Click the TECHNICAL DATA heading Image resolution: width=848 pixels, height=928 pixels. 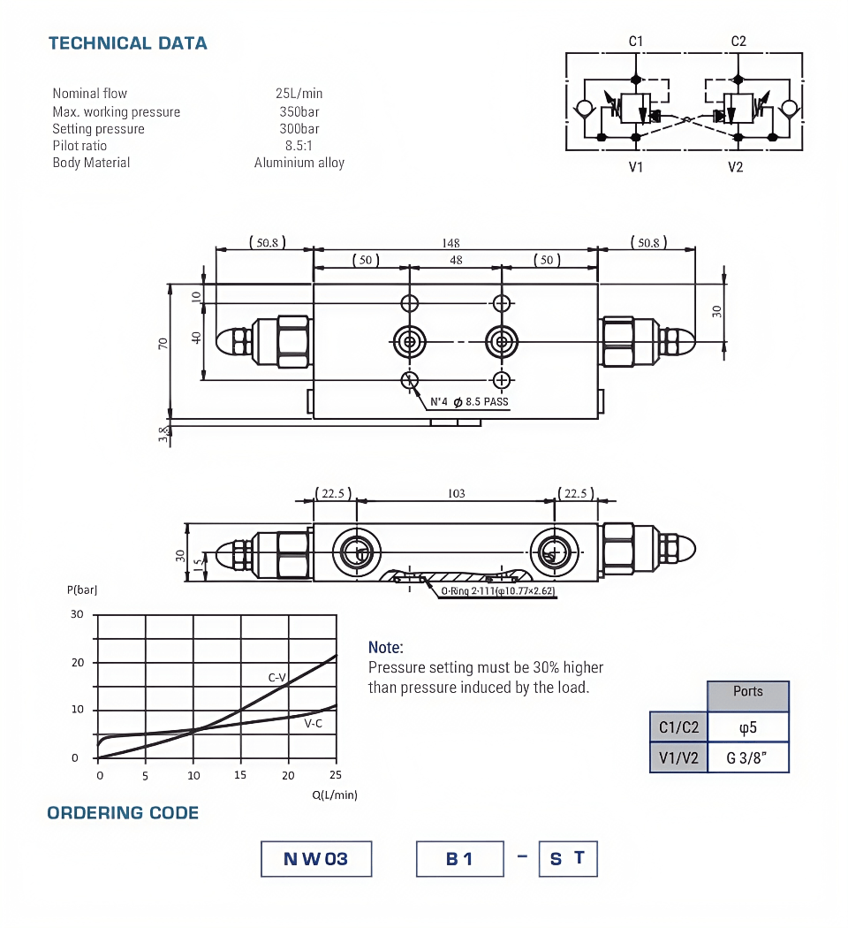127,43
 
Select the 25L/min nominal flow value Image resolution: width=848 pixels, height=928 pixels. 299,93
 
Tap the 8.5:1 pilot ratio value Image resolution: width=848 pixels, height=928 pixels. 299,146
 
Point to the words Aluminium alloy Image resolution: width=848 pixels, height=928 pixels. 299,163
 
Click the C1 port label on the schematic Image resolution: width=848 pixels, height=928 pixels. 636,41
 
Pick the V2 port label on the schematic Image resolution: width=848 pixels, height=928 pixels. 736,167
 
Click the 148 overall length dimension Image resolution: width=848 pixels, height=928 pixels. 451,243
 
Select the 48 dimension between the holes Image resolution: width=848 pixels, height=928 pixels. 456,260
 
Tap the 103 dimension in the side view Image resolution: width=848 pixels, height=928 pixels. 456,493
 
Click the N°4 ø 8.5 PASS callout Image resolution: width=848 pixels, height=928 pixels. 469,402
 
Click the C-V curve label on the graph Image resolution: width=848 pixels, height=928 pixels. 277,678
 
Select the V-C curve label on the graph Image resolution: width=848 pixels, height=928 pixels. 313,723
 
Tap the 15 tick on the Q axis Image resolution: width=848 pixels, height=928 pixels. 240,776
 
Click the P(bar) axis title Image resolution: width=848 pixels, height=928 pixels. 81,590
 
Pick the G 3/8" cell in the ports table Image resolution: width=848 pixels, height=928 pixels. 747,757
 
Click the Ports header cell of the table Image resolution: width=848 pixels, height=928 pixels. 747,692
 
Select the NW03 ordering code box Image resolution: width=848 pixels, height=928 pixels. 316,858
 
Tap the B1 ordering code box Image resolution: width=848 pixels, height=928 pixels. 459,858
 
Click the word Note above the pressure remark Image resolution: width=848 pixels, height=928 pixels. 385,648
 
